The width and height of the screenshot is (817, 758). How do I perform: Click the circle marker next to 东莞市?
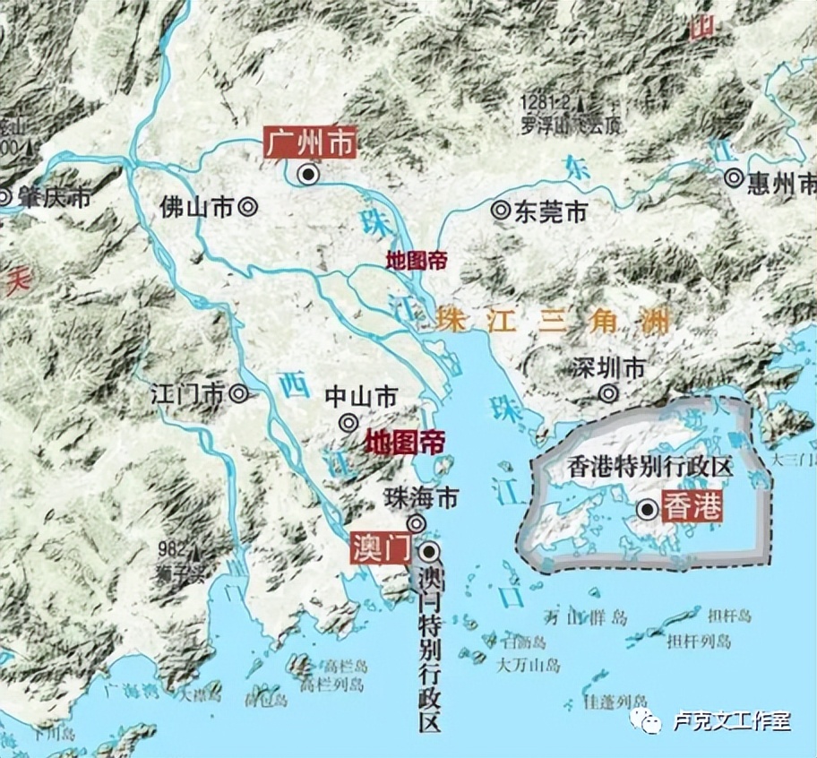(500, 211)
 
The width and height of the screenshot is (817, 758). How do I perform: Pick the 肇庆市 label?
(54, 197)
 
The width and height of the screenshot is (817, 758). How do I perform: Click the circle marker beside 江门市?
(238, 392)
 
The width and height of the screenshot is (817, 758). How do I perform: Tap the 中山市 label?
(361, 396)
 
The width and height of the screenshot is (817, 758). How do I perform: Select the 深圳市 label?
(613, 367)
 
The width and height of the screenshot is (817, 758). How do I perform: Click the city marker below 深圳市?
(609, 392)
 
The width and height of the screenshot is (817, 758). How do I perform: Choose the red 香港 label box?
(692, 508)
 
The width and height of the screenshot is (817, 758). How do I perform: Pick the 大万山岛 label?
(529, 665)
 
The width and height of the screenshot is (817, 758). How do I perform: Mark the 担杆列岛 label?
(700, 642)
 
